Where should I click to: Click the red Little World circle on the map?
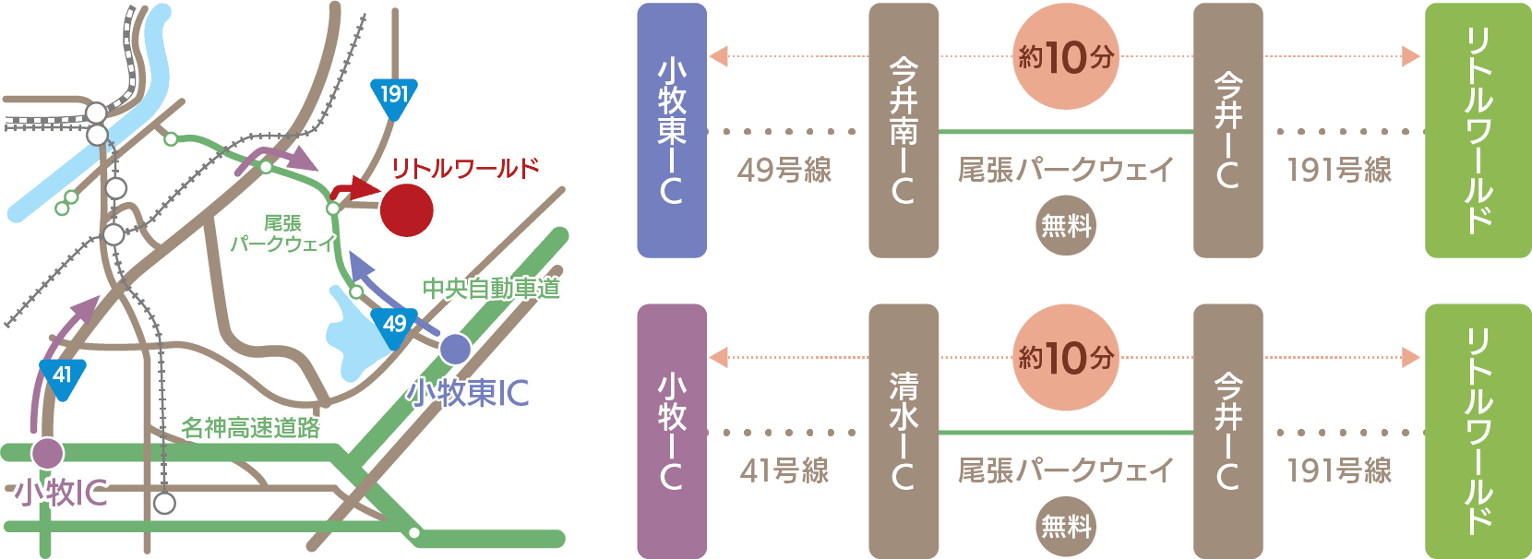406,210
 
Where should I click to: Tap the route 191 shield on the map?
394,97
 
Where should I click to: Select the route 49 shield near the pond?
394,327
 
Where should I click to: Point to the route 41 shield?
63,377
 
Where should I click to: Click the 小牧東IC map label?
468,394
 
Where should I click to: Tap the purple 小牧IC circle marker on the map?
47,453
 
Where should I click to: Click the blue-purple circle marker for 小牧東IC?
455,349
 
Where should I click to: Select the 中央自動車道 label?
491,289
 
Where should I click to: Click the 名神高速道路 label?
250,428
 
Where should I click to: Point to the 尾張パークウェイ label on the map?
282,234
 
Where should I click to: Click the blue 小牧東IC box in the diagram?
672,130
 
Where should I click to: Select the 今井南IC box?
904,130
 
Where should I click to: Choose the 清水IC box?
904,431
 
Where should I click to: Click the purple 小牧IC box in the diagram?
672,431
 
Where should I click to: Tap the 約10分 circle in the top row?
1066,57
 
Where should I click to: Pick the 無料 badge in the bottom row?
1066,526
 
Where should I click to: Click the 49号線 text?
784,170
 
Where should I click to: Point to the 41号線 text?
784,471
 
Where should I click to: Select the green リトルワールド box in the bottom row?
1478,431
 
